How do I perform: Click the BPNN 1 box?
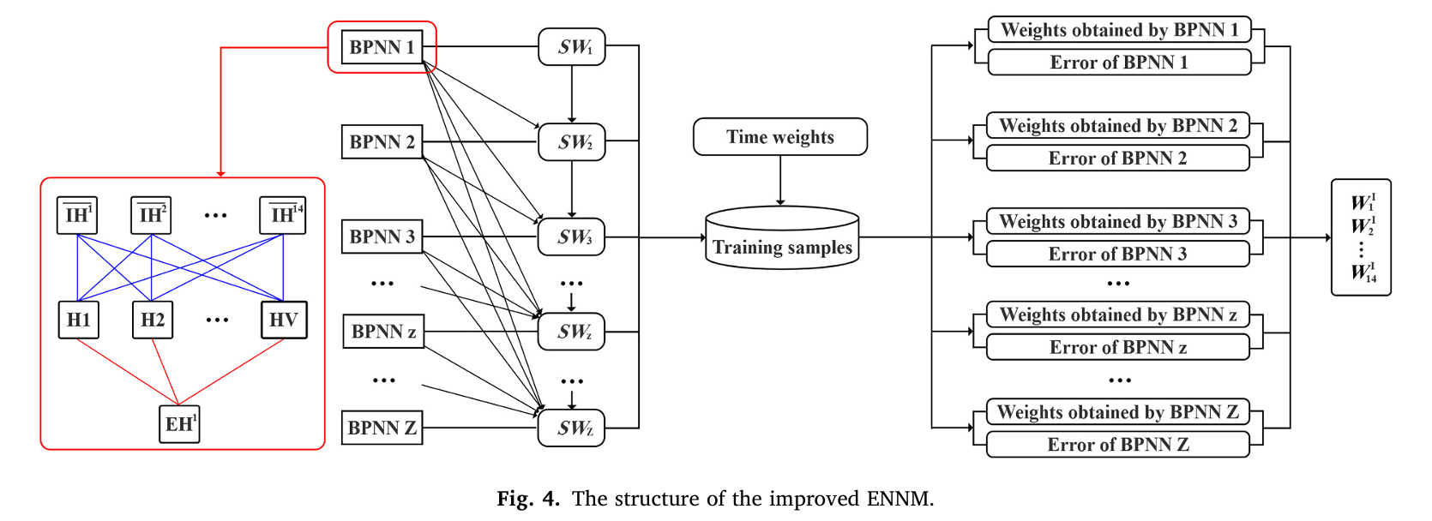(x=382, y=47)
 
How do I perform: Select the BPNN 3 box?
(x=382, y=237)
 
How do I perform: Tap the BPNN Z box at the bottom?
(x=382, y=428)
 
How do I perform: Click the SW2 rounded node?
(x=572, y=142)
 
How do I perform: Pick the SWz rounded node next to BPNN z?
(x=572, y=332)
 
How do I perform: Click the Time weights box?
(x=779, y=137)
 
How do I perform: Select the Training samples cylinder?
(x=781, y=239)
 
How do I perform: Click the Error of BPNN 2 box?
(x=1117, y=159)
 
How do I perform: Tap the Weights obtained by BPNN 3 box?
(x=1117, y=222)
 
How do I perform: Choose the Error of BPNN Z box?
(x=1117, y=445)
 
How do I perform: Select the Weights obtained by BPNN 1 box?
(x=1119, y=30)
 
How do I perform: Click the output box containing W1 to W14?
(x=1361, y=237)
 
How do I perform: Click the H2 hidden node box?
(x=153, y=320)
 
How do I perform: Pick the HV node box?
(x=283, y=320)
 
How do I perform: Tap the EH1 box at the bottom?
(x=179, y=424)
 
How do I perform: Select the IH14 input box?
(x=283, y=215)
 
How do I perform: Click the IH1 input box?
(x=77, y=215)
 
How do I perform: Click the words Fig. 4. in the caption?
(x=527, y=499)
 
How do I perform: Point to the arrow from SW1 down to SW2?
(x=572, y=94)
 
